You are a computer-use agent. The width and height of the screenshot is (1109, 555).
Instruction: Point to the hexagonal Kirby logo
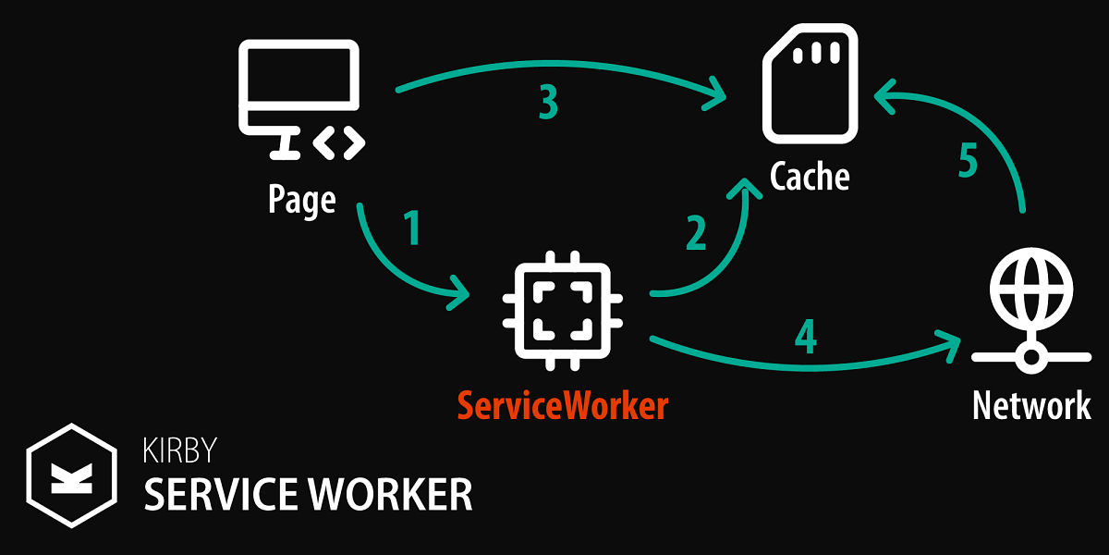(x=71, y=475)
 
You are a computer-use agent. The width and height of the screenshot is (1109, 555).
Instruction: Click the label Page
(x=302, y=198)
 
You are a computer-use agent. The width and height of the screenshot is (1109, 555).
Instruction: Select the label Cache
(x=810, y=175)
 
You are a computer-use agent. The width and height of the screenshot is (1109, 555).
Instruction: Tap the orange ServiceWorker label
(x=562, y=405)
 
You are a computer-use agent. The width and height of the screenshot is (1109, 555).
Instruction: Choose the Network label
(x=1031, y=405)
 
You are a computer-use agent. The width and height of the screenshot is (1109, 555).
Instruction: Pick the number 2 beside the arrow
(x=696, y=233)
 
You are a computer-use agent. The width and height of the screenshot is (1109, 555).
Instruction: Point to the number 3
(x=548, y=104)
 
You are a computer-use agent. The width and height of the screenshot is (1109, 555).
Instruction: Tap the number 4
(x=806, y=337)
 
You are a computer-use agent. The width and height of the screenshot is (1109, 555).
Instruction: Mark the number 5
(x=968, y=160)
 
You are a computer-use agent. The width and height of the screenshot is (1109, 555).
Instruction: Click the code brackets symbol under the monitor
(x=340, y=142)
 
